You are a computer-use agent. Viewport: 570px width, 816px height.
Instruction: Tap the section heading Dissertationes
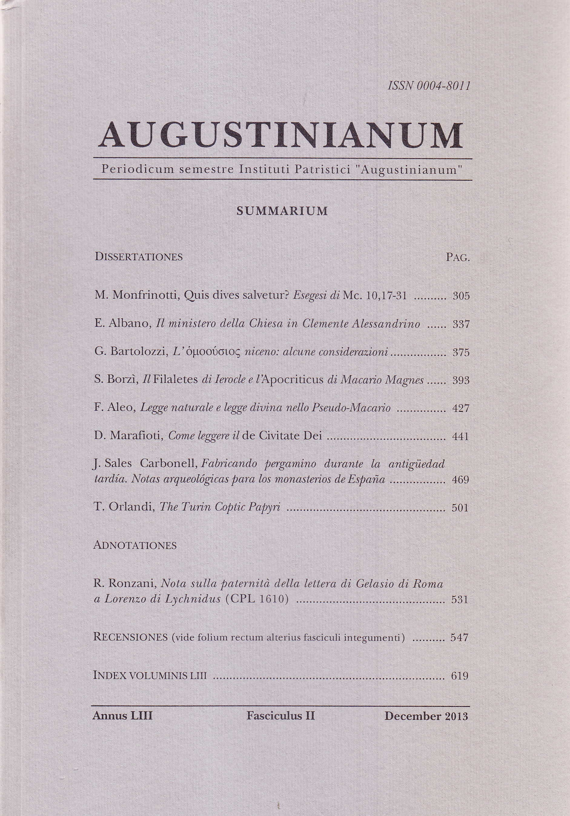pyautogui.click(x=139, y=257)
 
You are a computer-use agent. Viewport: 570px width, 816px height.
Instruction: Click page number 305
pyautogui.click(x=461, y=296)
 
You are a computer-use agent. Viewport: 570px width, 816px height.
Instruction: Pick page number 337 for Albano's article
pyautogui.click(x=461, y=324)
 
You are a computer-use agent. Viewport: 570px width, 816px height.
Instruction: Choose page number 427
pyautogui.click(x=461, y=408)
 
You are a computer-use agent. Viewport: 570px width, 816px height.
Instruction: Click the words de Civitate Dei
pyautogui.click(x=282, y=436)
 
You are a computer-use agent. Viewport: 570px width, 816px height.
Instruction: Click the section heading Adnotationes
pyautogui.click(x=135, y=545)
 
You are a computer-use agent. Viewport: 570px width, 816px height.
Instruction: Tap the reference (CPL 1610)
pyautogui.click(x=257, y=599)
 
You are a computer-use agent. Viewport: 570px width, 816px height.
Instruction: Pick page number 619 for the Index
pyautogui.click(x=459, y=675)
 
